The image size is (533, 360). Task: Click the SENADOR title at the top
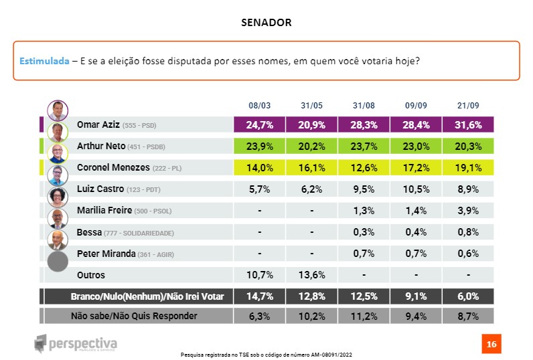[x=266, y=23]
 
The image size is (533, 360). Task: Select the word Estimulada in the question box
[x=44, y=61]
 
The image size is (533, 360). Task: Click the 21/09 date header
[x=468, y=106]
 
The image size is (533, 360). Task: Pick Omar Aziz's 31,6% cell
[x=468, y=124]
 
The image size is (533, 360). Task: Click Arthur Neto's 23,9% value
[x=259, y=146]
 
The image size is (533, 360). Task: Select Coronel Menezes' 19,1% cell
[x=468, y=167]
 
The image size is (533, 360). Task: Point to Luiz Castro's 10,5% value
[x=416, y=189]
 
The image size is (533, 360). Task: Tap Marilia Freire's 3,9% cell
[x=468, y=211]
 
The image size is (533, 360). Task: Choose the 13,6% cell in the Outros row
[x=311, y=275]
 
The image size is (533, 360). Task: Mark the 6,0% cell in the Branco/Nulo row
[x=468, y=296]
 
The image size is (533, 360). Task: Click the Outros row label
[x=91, y=275]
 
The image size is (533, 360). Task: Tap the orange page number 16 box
[x=491, y=345]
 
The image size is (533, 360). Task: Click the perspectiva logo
[x=76, y=343]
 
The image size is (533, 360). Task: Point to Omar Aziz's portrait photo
[x=58, y=110]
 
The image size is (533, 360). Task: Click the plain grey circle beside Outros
[x=58, y=260]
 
